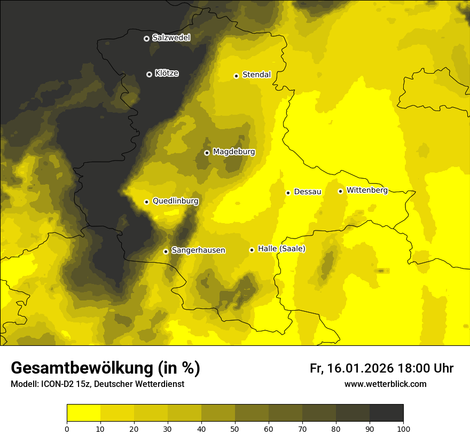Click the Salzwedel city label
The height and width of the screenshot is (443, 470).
point(171,38)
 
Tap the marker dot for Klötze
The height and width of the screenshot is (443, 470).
point(149,74)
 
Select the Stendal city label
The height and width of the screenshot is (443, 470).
point(256,75)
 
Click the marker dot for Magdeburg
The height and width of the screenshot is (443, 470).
point(207,153)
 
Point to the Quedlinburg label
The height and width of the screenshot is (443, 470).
point(175,201)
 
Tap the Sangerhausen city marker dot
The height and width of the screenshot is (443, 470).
point(166,251)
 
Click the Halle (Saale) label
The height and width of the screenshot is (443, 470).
point(281,249)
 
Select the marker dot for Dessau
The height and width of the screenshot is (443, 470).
point(288,193)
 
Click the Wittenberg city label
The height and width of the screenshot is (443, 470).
point(367,190)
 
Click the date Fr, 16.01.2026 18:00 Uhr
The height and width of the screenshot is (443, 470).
point(381,368)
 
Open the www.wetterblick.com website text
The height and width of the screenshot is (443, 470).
point(385,384)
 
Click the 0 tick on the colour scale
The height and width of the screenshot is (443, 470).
point(67,429)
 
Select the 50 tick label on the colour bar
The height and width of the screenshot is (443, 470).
point(235,429)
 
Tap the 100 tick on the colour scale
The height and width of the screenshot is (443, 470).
point(403,429)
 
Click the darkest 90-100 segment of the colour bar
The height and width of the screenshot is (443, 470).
point(386,413)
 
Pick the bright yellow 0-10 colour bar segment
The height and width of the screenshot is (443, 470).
point(83,413)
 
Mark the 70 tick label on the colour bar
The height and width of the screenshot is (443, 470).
point(302,429)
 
